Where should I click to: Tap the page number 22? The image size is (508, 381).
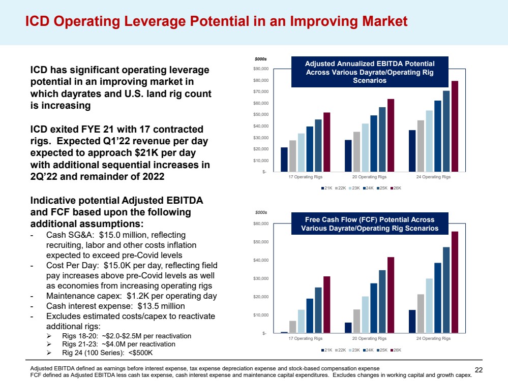click(478, 369)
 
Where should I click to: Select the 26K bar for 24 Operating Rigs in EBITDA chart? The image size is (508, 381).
click(455, 126)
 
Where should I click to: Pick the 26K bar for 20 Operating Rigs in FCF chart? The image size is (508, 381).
click(391, 295)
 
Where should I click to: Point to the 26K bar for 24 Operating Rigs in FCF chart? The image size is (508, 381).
click(455, 282)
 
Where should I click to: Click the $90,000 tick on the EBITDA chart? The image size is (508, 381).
click(261, 69)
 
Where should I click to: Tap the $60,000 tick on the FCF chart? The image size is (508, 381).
click(261, 224)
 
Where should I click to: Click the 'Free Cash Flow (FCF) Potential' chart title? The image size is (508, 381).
click(369, 224)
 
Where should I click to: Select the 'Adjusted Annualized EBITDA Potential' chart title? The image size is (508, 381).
click(369, 72)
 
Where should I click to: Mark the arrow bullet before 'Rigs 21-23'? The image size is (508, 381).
click(49, 344)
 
